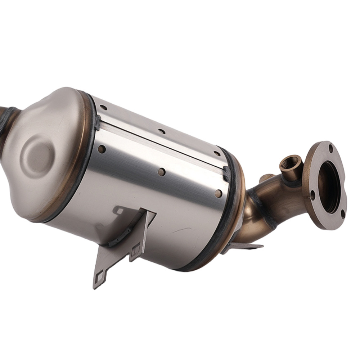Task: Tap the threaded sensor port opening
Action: pos(290,163)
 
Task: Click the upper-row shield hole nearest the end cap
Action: pos(103,107)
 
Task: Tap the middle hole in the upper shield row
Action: pos(161,131)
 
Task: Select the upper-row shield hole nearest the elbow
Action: pos(217,153)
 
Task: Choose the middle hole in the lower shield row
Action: pos(162,172)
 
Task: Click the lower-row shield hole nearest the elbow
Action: pos(218,193)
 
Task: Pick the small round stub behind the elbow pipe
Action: pos(266,177)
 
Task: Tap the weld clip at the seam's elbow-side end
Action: pos(226,173)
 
